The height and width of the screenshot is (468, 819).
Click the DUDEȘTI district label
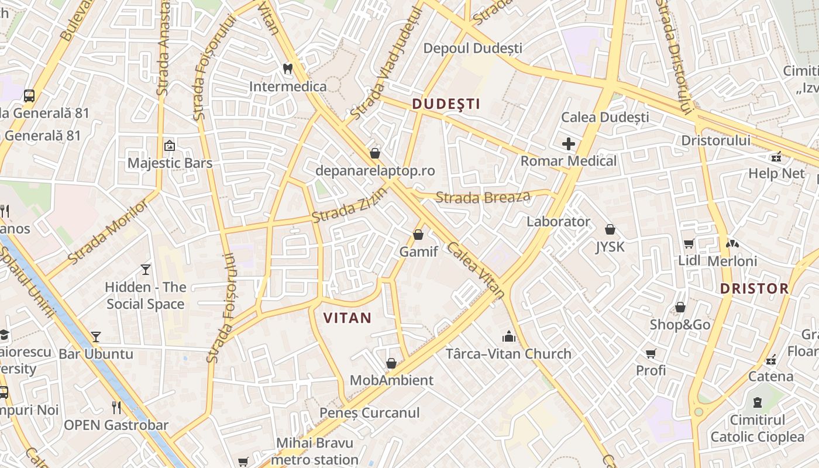coord(446,104)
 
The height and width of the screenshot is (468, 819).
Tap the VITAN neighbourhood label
coord(347,318)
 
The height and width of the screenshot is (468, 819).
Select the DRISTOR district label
coord(754,288)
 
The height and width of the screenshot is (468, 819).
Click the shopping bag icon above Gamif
coord(418,235)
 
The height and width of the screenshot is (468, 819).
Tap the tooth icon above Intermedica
coord(287,68)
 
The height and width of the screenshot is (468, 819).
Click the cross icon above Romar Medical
coord(568,143)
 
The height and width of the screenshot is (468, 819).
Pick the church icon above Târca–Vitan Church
coord(508,336)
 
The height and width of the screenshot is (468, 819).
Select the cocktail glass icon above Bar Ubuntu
coord(96,336)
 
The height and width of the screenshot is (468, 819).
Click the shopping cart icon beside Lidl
coord(689,243)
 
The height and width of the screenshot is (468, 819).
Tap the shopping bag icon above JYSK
coord(610,229)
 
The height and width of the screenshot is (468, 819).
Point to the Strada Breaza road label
coord(483,197)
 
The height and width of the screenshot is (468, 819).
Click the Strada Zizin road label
coord(349,206)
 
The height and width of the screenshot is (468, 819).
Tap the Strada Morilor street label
coord(108,231)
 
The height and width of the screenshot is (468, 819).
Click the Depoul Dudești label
coord(473,48)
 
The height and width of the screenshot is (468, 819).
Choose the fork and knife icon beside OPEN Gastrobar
coord(117,407)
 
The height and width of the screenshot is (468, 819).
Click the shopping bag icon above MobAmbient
coord(391,363)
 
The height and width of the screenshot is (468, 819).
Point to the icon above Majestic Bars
coord(170,145)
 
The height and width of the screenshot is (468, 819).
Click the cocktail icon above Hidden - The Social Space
coord(146,269)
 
